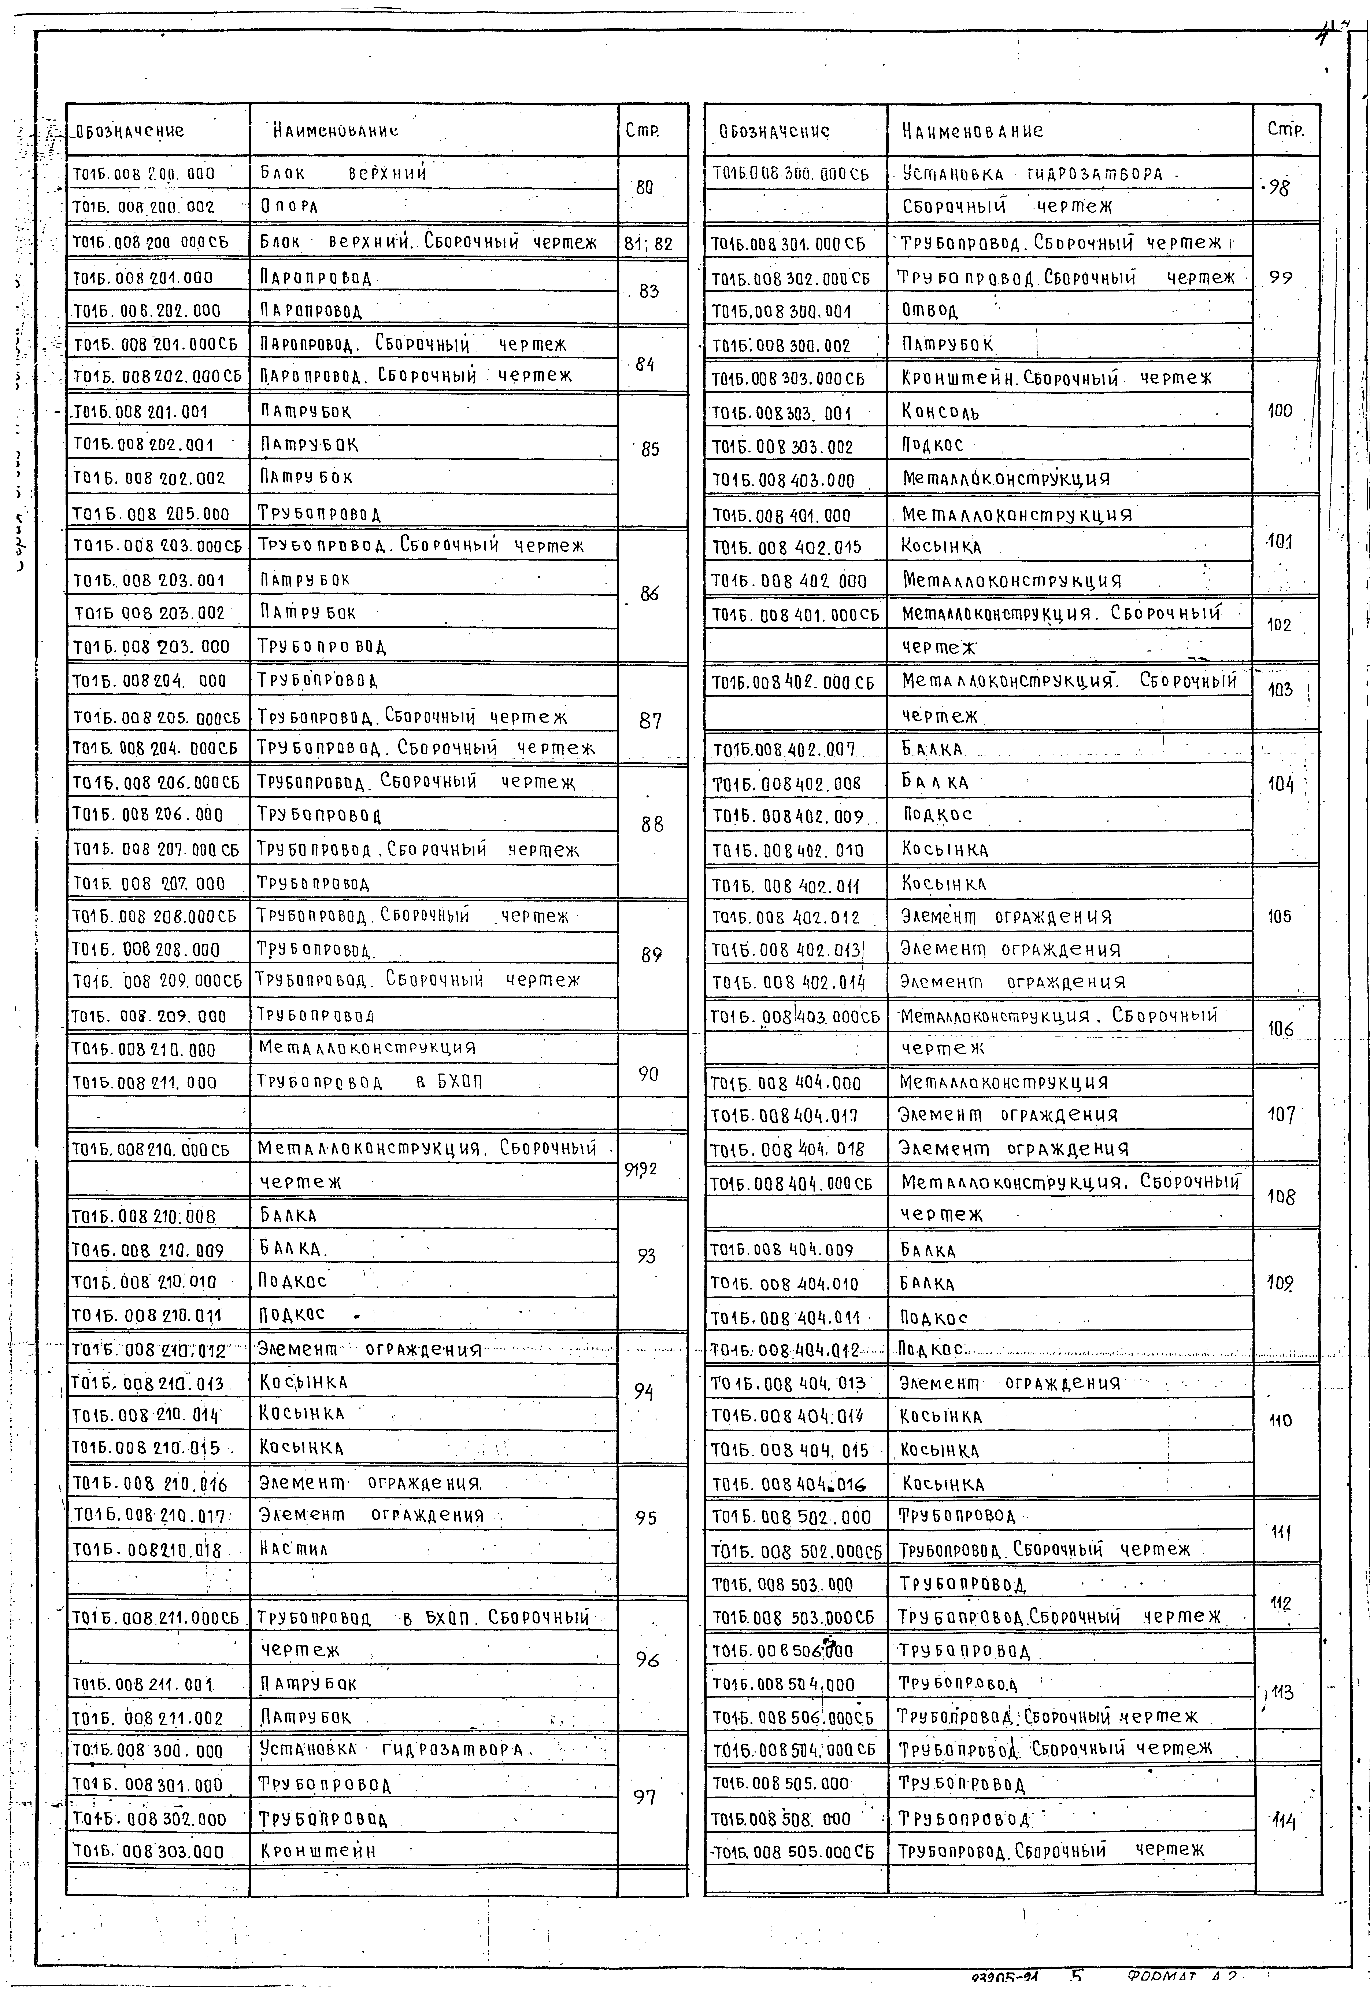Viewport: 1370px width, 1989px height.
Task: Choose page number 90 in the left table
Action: pyautogui.click(x=649, y=1074)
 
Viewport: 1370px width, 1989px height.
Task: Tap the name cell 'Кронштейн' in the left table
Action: pyautogui.click(x=318, y=1851)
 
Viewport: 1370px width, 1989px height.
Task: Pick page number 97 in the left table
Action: pyautogui.click(x=645, y=1797)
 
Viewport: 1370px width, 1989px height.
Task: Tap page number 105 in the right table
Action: pyautogui.click(x=1279, y=916)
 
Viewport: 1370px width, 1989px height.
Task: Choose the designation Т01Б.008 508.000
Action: pyautogui.click(x=781, y=1819)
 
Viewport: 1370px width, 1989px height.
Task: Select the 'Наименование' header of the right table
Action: pyautogui.click(x=973, y=131)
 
